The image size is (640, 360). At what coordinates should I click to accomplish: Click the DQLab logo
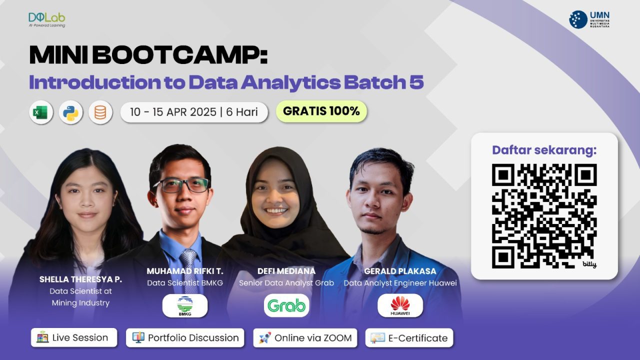tap(47, 19)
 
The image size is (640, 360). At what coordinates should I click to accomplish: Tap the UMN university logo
tap(589, 19)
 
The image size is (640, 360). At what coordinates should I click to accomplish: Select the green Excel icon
tap(41, 112)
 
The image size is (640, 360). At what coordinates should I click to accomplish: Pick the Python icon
tap(70, 112)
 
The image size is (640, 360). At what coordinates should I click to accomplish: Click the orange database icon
tap(100, 112)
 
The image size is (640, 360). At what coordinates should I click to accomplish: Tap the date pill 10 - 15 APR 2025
tap(194, 112)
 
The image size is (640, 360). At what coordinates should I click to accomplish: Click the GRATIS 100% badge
tap(321, 111)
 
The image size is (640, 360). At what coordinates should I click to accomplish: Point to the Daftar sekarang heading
tap(544, 150)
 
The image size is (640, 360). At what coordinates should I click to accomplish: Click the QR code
tap(544, 215)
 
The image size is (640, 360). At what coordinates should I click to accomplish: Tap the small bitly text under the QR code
tap(589, 264)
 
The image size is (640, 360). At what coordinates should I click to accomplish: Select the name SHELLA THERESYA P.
tap(80, 279)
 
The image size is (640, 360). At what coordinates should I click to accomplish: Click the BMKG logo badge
tap(185, 305)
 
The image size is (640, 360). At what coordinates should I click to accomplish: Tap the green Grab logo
tap(286, 305)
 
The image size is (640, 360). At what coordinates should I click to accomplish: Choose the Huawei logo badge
tap(400, 305)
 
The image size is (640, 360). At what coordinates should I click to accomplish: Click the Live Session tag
tap(73, 337)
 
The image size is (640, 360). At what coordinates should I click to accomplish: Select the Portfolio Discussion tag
tap(185, 337)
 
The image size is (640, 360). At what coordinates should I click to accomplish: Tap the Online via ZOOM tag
tap(305, 337)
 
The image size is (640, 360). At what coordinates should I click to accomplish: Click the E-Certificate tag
tap(409, 337)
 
